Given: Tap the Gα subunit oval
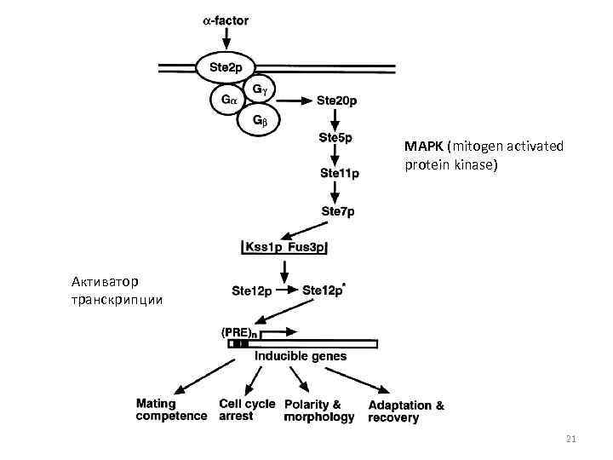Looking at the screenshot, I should point(227,100).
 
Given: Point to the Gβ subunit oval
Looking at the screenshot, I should point(260,121).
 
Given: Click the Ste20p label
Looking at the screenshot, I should point(337,101).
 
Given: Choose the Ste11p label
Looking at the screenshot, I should point(340,173).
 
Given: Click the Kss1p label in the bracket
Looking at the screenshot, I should point(264,247).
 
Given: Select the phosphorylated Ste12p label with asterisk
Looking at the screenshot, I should point(324,290).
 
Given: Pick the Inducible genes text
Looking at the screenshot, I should point(301,356).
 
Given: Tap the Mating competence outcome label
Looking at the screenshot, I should point(171,410).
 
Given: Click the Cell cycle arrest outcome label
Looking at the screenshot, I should point(247,410).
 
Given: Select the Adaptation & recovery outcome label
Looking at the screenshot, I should point(406,411).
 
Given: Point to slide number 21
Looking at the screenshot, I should point(571,439).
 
